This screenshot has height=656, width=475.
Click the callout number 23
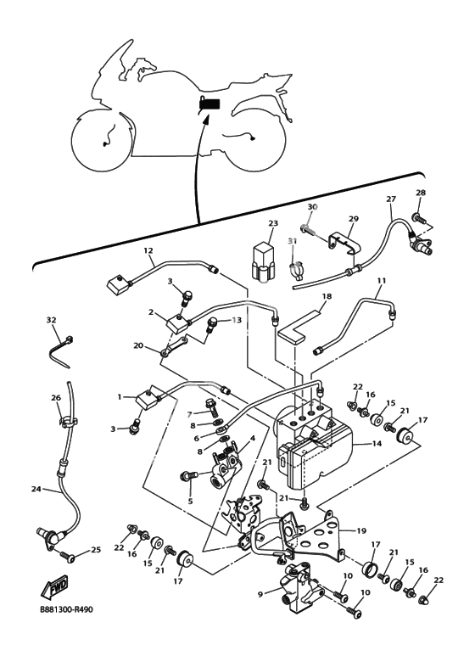pyautogui.click(x=273, y=223)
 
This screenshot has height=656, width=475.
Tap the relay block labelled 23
pyautogui.click(x=264, y=263)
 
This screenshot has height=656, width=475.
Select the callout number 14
pyautogui.click(x=377, y=443)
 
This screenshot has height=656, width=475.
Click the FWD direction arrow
pyautogui.click(x=54, y=586)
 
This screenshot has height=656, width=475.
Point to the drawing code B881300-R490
pyautogui.click(x=66, y=609)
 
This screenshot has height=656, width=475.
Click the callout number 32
pyautogui.click(x=51, y=320)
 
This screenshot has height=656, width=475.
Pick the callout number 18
pyautogui.click(x=327, y=296)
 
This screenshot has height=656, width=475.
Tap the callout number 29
pyautogui.click(x=354, y=219)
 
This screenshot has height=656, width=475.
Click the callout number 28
pyautogui.click(x=421, y=193)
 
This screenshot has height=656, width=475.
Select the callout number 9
pyautogui.click(x=260, y=594)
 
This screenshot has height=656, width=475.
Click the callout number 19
pyautogui.click(x=361, y=531)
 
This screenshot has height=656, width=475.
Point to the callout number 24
pyautogui.click(x=36, y=489)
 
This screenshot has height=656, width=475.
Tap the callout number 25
pyautogui.click(x=96, y=550)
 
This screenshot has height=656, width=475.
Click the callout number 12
pyautogui.click(x=148, y=250)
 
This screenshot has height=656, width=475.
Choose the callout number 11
pyautogui.click(x=381, y=280)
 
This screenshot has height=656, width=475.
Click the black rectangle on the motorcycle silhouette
pyautogui.click(x=210, y=104)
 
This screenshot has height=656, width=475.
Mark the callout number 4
pyautogui.click(x=253, y=439)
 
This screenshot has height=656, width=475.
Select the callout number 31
pyautogui.click(x=292, y=241)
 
